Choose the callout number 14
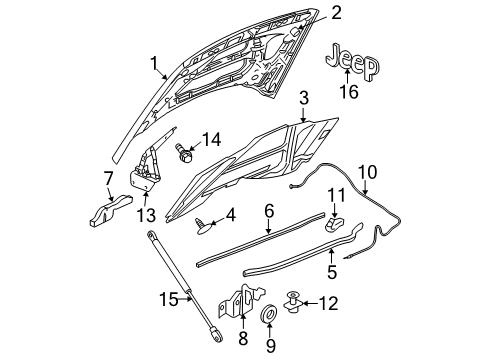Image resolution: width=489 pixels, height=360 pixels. point(211,139)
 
